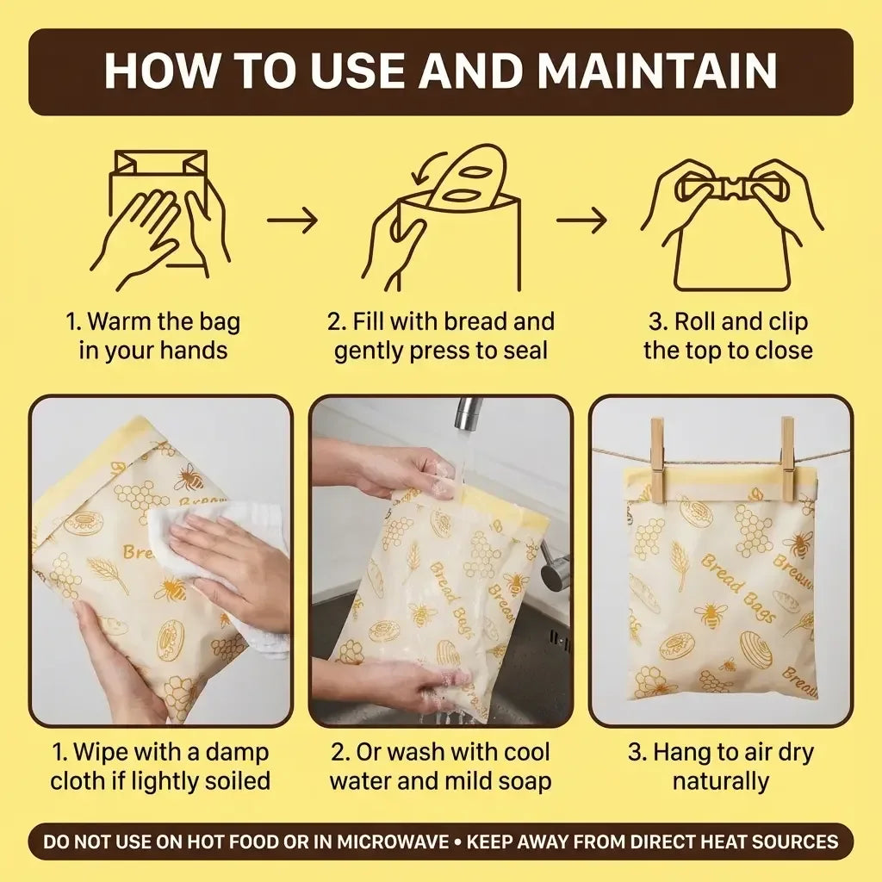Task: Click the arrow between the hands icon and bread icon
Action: tap(292, 220)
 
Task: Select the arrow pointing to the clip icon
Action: tap(581, 220)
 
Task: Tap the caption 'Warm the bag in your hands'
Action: tap(153, 337)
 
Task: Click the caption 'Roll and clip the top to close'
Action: tap(728, 337)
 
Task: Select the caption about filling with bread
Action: tap(441, 337)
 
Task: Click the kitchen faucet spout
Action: tap(468, 413)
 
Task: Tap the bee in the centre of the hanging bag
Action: tap(711, 613)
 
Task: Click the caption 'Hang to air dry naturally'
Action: tap(720, 767)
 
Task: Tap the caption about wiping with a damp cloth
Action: tap(160, 767)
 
